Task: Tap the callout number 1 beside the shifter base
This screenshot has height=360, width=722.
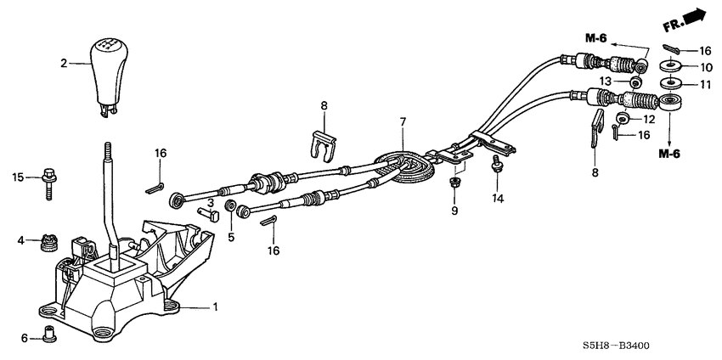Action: click(x=215, y=306)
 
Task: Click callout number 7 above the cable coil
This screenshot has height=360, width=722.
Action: click(x=402, y=123)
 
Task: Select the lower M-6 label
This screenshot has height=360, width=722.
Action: click(x=674, y=153)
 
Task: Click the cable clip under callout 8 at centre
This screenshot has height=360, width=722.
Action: click(x=319, y=149)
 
